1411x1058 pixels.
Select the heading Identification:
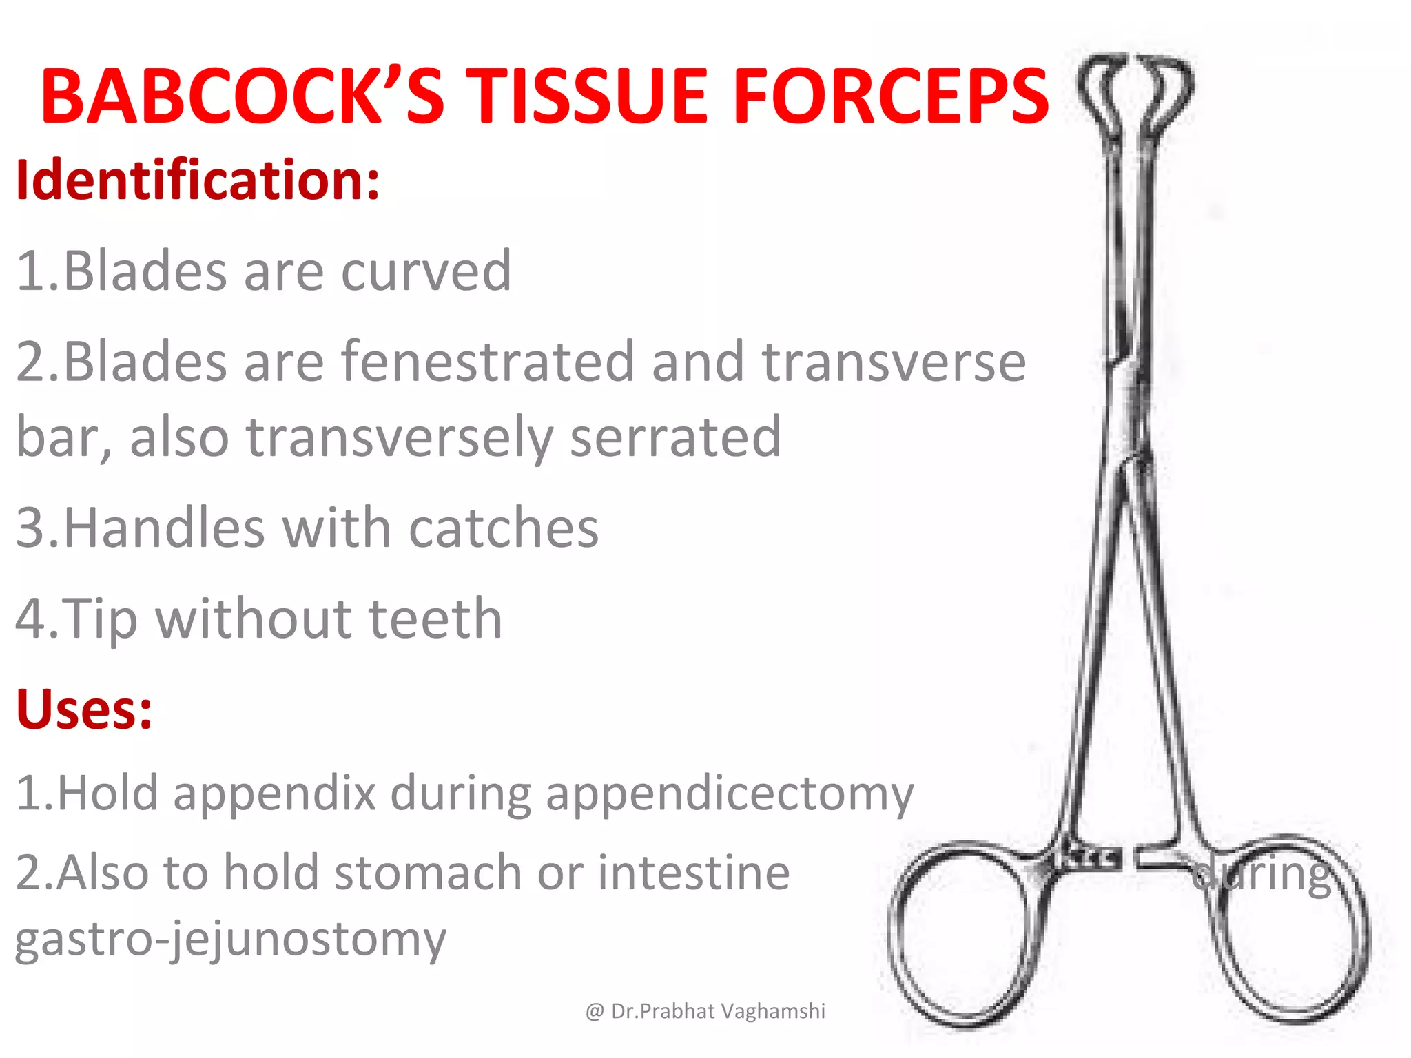click(198, 180)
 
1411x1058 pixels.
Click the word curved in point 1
click(426, 271)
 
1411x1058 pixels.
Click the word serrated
click(675, 437)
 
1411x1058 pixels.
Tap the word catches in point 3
click(504, 528)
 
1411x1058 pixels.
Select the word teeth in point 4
click(435, 619)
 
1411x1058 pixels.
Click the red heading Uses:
click(84, 709)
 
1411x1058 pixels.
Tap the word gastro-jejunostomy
click(231, 939)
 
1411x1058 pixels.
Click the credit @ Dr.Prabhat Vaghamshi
click(705, 1010)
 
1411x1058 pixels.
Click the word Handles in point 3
click(165, 528)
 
